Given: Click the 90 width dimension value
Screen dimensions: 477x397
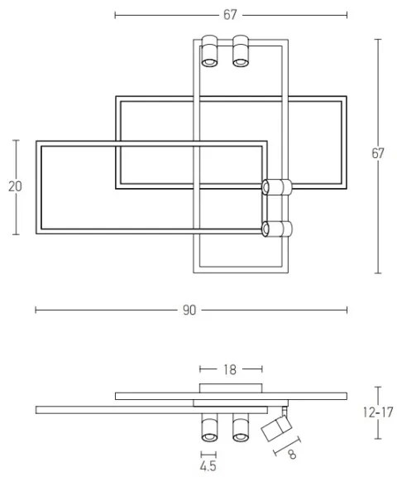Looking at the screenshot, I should (x=190, y=310).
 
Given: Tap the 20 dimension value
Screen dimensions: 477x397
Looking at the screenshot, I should (x=15, y=187).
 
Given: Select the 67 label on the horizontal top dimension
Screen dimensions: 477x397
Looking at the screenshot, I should (x=230, y=14).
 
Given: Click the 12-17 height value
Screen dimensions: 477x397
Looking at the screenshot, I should (x=378, y=412).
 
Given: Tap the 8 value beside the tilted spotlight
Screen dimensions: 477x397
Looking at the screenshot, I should (x=291, y=455).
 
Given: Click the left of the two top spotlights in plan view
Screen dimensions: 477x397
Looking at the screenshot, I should (x=208, y=51).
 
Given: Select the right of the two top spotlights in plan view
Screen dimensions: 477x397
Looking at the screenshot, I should (x=241, y=51).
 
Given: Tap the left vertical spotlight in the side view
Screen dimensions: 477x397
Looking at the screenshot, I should (x=208, y=426).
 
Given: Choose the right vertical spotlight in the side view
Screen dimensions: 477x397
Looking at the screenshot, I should (x=241, y=426).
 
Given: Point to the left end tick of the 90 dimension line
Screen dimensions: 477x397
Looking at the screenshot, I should (x=36, y=310).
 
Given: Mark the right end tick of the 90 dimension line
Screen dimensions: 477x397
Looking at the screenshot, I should (x=347, y=310).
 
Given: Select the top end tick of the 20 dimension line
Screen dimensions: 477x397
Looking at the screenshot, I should (x=15, y=141).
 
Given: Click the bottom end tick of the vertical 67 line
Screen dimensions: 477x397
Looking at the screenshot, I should (x=378, y=272).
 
